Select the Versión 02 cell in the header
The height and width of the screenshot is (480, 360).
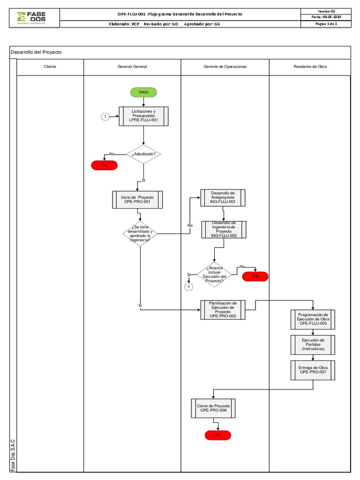click(326, 11)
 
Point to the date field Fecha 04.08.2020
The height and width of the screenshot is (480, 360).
click(326, 17)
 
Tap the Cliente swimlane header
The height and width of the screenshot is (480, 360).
click(50, 67)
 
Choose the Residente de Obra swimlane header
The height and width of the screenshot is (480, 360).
click(310, 67)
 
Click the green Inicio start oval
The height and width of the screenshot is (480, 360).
click(143, 92)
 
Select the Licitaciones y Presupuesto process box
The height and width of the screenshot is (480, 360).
click(143, 117)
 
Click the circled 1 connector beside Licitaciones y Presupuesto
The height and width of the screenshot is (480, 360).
click(105, 117)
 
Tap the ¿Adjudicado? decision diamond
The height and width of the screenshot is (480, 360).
click(143, 154)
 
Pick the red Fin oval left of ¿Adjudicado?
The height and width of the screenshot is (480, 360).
click(105, 165)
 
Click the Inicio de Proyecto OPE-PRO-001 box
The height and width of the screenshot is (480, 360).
click(137, 200)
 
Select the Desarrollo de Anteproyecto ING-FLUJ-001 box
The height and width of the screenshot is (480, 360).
click(223, 198)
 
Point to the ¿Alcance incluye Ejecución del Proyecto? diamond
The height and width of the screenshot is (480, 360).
click(214, 275)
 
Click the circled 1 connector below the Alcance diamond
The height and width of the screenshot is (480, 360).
click(189, 286)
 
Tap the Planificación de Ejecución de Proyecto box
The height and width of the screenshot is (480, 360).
click(223, 310)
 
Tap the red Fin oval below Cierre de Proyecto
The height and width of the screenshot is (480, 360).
click(218, 435)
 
